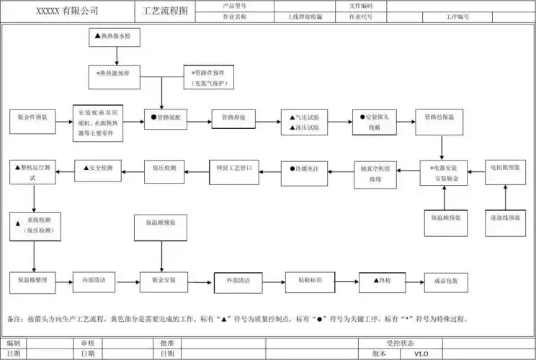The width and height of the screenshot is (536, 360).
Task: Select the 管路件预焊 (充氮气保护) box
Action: point(210,77)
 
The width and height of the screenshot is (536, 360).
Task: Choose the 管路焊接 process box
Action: point(233,117)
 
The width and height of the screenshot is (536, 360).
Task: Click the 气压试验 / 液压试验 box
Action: point(305,122)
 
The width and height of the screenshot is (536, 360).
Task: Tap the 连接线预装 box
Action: point(506,217)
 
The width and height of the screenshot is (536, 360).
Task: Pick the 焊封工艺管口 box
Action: point(233,168)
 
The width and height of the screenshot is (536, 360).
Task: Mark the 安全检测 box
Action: point(98,169)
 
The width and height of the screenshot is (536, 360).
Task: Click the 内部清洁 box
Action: point(94,280)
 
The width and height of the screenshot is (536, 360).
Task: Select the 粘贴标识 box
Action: point(308,280)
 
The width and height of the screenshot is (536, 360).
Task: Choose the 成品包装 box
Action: point(445,280)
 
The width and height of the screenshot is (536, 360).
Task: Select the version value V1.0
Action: point(421,354)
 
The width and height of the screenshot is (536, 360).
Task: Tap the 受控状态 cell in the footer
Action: point(400,343)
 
